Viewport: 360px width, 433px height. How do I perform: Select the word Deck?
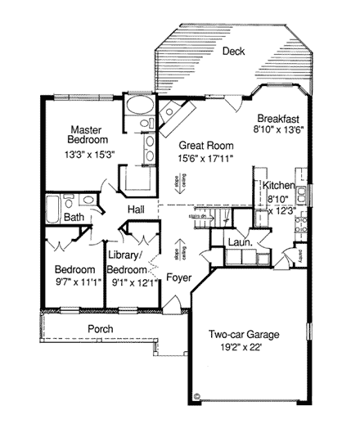click(233, 51)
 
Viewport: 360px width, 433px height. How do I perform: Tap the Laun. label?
click(240, 243)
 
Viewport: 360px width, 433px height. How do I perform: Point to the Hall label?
click(136, 210)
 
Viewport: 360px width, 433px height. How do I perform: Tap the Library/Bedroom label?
click(128, 262)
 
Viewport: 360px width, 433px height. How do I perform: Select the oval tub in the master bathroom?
click(137, 107)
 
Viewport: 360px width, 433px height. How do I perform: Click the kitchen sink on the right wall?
click(304, 196)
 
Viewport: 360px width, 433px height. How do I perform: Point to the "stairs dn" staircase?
click(217, 216)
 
